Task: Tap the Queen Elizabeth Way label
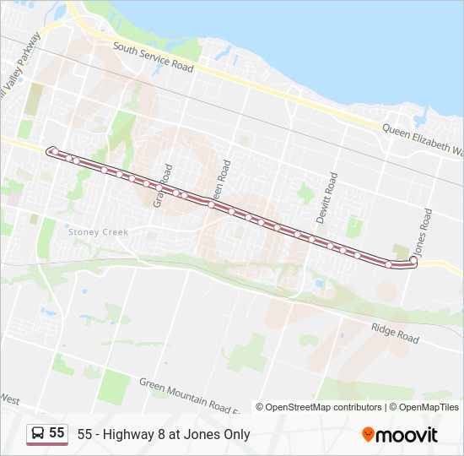pyautogui.click(x=422, y=140)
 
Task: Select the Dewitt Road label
pyautogui.click(x=326, y=198)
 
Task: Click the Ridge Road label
pyautogui.click(x=395, y=333)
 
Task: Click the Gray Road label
pyautogui.click(x=162, y=186)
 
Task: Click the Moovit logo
pyautogui.click(x=400, y=435)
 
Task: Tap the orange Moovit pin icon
pyautogui.click(x=368, y=435)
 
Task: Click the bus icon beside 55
pyautogui.click(x=38, y=433)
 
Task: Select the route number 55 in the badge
pyautogui.click(x=57, y=433)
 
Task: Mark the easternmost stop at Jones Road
pyautogui.click(x=412, y=260)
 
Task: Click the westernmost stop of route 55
pyautogui.click(x=51, y=151)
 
